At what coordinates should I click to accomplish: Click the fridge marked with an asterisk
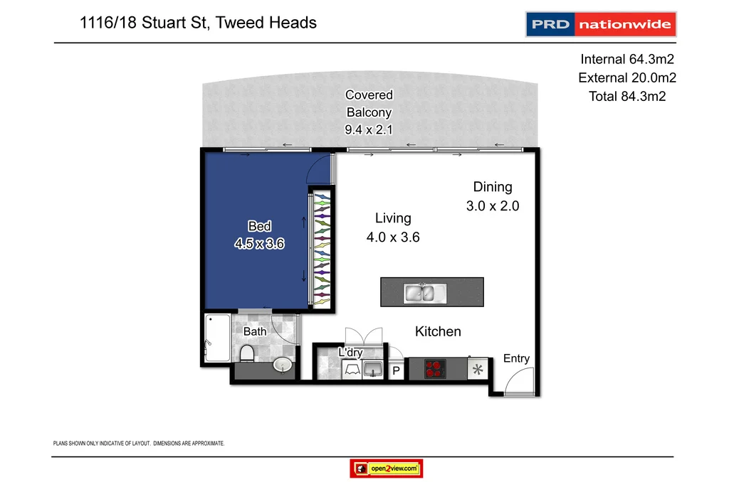[x=478, y=369]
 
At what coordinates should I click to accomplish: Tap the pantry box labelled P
[x=397, y=370]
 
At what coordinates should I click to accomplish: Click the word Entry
[x=516, y=358]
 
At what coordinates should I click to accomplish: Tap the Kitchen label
[x=438, y=331]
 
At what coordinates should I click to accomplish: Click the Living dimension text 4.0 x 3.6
[x=393, y=237]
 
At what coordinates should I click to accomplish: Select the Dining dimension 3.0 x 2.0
[x=493, y=206]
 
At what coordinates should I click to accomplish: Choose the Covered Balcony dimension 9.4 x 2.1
[x=369, y=129]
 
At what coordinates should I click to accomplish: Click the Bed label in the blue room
[x=259, y=226]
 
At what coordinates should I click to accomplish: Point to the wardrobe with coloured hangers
[x=322, y=250]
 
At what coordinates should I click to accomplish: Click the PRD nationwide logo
[x=600, y=24]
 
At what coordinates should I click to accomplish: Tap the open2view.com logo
[x=387, y=468]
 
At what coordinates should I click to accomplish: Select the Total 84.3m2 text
[x=626, y=96]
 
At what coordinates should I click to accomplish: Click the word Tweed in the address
[x=243, y=22]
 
